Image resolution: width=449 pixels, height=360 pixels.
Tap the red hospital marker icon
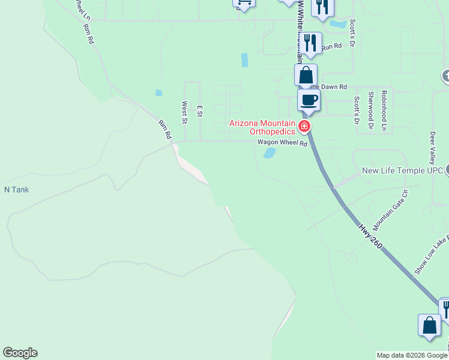tap(304, 127)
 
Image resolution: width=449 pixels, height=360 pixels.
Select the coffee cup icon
tap(309, 100)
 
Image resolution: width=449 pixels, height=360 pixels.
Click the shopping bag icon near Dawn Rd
tap(306, 76)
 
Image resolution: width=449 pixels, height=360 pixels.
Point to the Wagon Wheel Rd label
tap(282, 143)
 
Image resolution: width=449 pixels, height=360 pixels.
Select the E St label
tap(200, 111)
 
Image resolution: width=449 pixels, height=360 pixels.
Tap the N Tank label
tap(17, 190)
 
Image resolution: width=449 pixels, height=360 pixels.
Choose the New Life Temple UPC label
tap(402, 171)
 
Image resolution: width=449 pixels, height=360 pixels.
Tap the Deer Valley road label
tap(432, 148)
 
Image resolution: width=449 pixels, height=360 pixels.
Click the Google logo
tap(20, 353)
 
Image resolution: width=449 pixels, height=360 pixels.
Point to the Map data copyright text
tap(412, 355)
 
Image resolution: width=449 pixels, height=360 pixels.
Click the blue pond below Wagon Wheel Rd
tap(270, 153)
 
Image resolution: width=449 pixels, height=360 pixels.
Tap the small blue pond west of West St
tap(158, 93)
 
